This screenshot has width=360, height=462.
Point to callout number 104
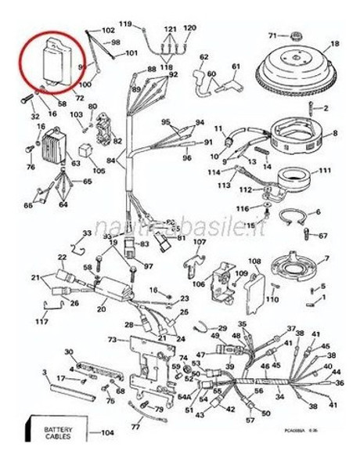pyautogui.click(x=107, y=433)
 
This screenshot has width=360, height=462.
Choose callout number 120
pyautogui.click(x=189, y=27)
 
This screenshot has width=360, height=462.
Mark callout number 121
pyautogui.click(x=171, y=28)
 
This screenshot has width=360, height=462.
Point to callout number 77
pyautogui.click(x=135, y=428)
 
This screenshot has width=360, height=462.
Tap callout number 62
pyautogui.click(x=204, y=57)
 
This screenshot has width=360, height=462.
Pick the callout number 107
pyautogui.click(x=200, y=242)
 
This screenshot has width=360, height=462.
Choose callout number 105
pyautogui.click(x=99, y=171)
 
